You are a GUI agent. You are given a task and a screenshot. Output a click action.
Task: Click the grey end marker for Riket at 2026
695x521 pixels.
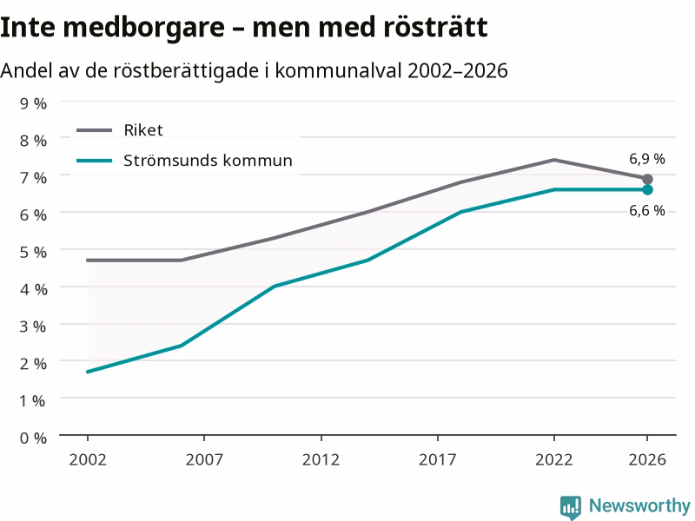(x=647, y=179)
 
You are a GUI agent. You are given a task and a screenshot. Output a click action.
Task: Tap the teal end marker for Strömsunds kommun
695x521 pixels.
(x=647, y=189)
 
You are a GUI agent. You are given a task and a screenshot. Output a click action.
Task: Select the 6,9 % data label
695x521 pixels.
(x=646, y=159)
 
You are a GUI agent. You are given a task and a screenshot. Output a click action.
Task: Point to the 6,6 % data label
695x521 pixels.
(x=646, y=210)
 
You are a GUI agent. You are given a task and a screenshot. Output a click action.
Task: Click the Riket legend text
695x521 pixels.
(x=143, y=130)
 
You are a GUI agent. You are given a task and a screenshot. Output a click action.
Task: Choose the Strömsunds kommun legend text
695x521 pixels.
(x=208, y=161)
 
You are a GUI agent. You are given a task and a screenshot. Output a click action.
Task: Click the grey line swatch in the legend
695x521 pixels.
(x=94, y=130)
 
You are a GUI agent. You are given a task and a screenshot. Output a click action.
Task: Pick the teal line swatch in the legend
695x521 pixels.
(x=94, y=161)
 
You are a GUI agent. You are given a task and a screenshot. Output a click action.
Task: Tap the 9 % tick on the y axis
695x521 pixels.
(x=33, y=103)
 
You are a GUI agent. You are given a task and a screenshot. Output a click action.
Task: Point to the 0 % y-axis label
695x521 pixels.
(x=33, y=439)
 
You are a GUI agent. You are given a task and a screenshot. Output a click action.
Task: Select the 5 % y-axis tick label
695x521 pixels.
(x=33, y=252)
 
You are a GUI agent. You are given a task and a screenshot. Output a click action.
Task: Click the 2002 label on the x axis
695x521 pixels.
(x=88, y=459)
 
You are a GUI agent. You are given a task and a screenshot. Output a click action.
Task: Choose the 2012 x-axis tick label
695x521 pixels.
(x=321, y=459)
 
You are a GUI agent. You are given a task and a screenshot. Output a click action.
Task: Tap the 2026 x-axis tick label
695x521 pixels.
(x=647, y=459)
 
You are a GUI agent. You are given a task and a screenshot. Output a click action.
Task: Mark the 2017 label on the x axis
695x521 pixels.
(x=438, y=459)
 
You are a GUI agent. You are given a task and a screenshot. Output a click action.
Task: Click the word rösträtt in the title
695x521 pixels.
(x=436, y=27)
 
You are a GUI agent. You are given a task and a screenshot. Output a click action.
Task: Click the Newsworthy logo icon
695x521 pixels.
(x=571, y=507)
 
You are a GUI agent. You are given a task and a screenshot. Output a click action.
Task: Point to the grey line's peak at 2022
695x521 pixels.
(x=554, y=160)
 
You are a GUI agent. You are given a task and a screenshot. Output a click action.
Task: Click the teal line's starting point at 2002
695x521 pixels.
(x=88, y=372)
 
